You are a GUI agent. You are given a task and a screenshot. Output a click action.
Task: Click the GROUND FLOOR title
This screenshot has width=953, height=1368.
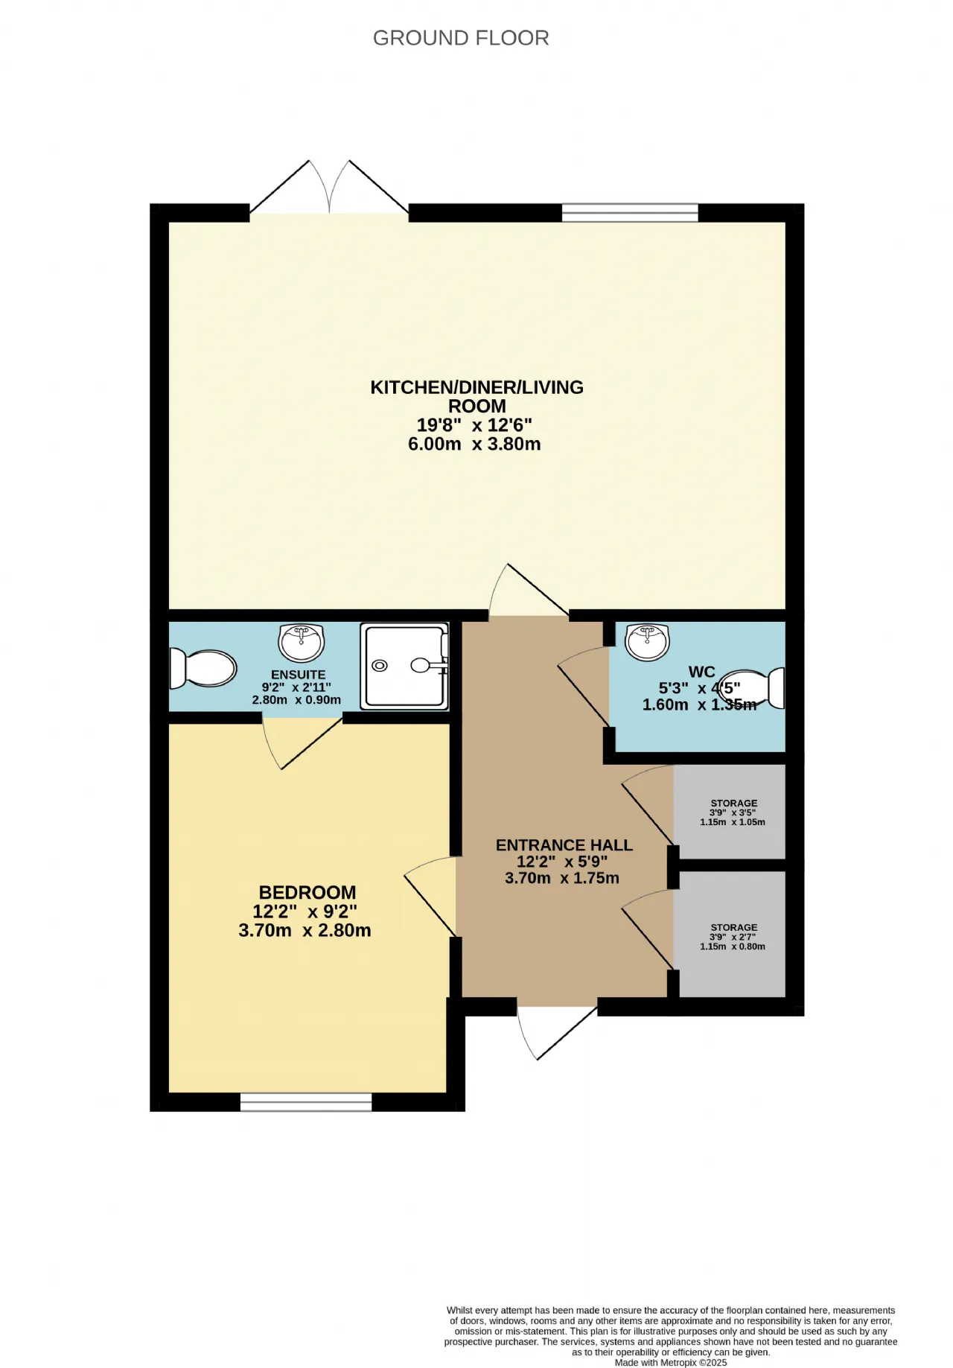[461, 38]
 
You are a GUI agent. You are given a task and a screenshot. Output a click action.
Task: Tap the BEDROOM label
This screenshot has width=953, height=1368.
[307, 892]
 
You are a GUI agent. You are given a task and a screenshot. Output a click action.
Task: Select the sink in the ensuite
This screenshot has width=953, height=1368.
[302, 643]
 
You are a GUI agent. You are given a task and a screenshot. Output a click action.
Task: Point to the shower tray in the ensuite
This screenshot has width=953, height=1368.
[405, 666]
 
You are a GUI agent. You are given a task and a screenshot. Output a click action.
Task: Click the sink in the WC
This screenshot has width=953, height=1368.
[648, 642]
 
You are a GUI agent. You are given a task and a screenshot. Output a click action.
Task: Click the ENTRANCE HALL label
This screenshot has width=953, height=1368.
[564, 845]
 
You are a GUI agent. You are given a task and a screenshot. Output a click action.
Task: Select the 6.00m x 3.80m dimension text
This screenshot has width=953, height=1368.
[474, 445]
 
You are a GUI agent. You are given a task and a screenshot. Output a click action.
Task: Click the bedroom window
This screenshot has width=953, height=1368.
[306, 1102]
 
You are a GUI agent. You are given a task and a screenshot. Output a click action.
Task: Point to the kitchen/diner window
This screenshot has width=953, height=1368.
[630, 213]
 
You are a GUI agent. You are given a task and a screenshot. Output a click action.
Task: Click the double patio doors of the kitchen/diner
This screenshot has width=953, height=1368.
[329, 188]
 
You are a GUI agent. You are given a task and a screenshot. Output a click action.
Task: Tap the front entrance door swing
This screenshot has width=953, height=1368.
[556, 1032]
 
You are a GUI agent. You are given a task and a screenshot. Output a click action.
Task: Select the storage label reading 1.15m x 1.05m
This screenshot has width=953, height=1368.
[733, 822]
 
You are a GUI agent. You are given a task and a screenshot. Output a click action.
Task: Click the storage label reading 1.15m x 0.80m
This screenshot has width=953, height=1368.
[733, 947]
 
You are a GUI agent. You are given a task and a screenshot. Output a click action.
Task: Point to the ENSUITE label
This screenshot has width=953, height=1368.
[299, 675]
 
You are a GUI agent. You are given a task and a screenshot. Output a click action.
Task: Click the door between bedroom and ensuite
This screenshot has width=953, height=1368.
[302, 742]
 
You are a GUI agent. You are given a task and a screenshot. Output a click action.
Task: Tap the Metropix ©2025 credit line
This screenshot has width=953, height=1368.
[671, 1363]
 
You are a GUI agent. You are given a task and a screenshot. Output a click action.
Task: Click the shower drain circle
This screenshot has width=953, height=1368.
[381, 665]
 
